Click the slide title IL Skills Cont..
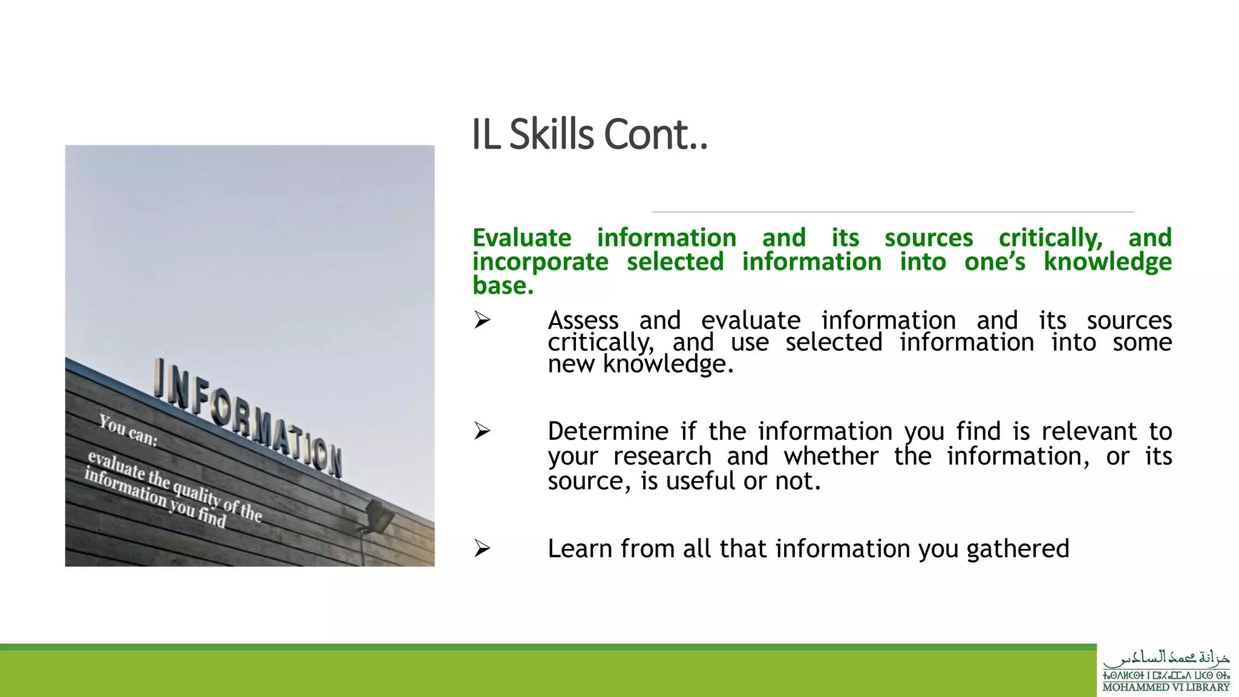[589, 134]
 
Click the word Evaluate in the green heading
[521, 238]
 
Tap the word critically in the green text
[1050, 238]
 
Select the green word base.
[503, 286]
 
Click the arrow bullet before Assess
[482, 319]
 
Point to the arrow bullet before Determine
[482, 431]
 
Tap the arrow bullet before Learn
[482, 548]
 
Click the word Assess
[583, 320]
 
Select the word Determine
[607, 431]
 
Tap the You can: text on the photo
[128, 430]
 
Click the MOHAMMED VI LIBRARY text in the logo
[1166, 687]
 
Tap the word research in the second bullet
[662, 456]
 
